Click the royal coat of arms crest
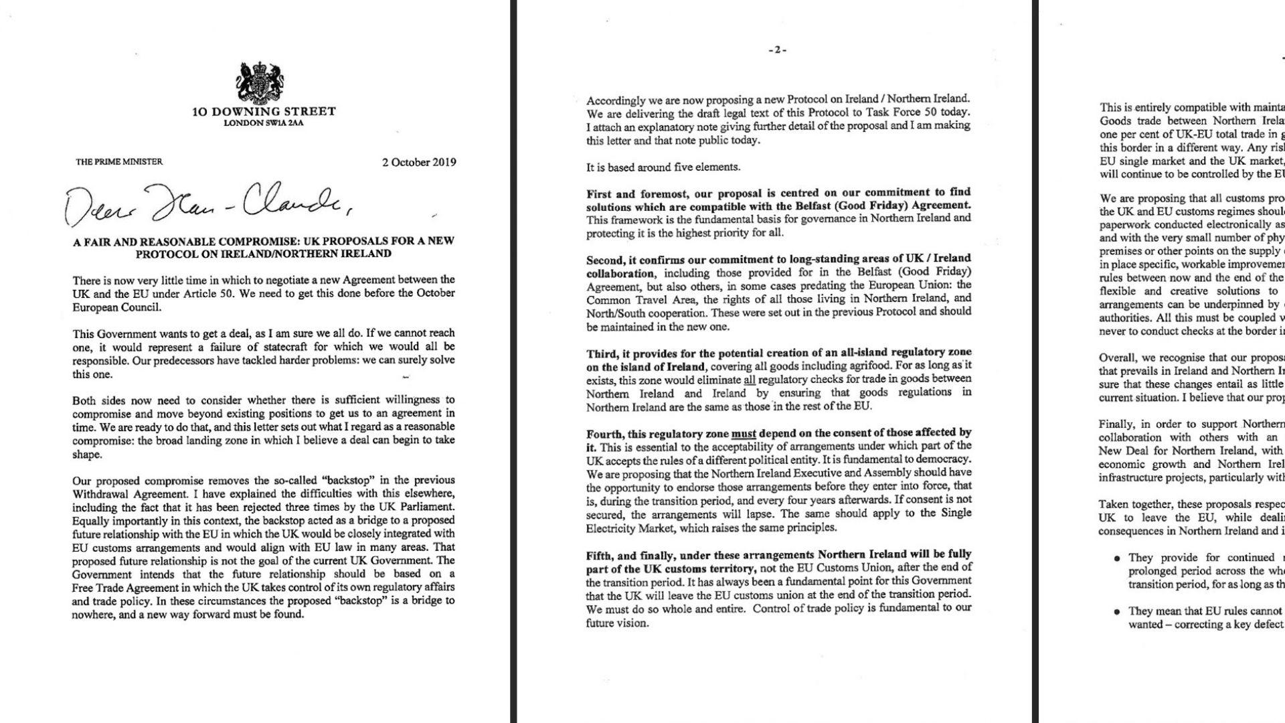[261, 82]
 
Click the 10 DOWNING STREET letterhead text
[264, 112]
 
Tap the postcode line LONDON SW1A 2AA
[264, 123]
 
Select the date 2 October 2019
[419, 162]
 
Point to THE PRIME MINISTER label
[119, 161]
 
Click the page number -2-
[777, 50]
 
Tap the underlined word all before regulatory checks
[750, 379]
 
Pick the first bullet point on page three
[1116, 558]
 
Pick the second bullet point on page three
[1116, 612]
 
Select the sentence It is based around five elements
[663, 167]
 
